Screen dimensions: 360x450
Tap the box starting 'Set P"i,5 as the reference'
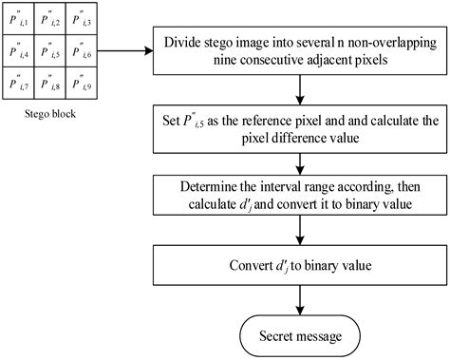(x=299, y=128)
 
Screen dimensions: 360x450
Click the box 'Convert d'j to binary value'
(x=299, y=265)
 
